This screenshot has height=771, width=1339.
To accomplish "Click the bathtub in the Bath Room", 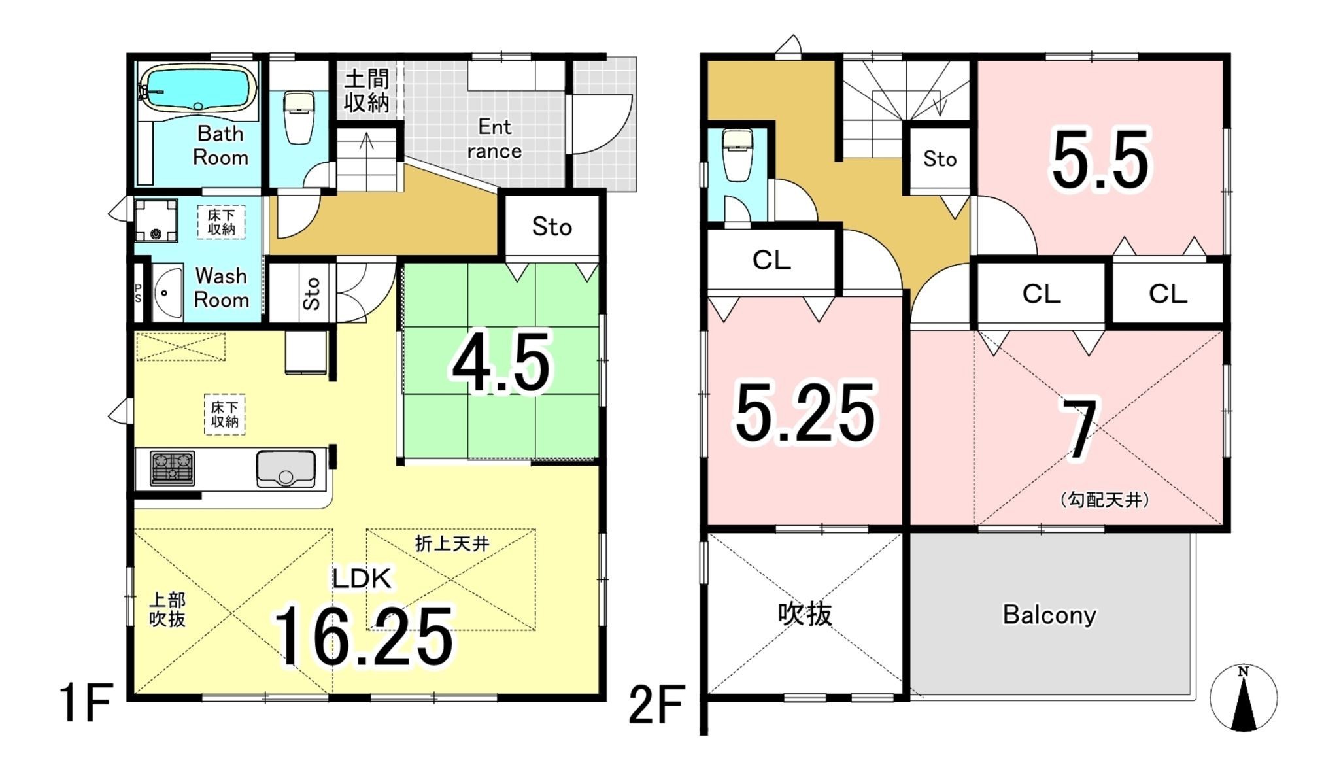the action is pos(199,88).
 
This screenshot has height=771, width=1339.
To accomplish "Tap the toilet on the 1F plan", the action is pos(299,117).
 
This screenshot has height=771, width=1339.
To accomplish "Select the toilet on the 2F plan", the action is pos(737,154).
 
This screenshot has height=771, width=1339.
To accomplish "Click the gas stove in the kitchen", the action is pos(173,468).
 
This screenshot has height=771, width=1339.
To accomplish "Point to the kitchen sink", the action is pos(286,469).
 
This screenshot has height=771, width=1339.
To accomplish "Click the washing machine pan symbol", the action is pos(156,220).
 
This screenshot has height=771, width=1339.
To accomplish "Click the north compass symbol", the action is pos(1243,697).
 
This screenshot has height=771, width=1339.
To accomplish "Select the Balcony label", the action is pos(1049,615).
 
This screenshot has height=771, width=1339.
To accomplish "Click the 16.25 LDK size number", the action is pos(364,636).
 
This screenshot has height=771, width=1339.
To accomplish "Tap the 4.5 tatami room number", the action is pos(501,363).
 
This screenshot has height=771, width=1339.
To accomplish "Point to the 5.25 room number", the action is pos(805,412).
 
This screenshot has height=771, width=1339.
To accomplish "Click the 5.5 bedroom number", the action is pos(1100,160).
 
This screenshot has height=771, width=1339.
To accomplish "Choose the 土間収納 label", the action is pos(366,91).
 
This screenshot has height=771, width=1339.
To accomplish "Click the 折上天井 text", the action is pos(452,543).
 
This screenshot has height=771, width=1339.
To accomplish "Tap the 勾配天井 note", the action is pos(1104,500).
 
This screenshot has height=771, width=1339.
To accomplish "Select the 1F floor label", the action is pos(86,703).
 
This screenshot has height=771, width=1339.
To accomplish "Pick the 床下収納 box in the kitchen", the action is pos(224,415).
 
